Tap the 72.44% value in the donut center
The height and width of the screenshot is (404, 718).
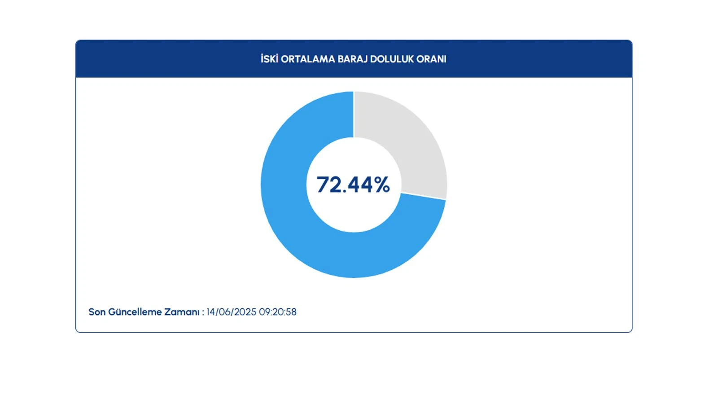click(x=353, y=184)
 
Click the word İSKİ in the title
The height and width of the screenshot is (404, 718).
click(x=269, y=59)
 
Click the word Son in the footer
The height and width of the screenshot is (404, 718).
click(x=97, y=312)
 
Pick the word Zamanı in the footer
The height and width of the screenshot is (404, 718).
click(x=182, y=312)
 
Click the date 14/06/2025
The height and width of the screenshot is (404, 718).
click(x=231, y=312)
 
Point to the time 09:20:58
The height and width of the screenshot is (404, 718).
click(x=278, y=312)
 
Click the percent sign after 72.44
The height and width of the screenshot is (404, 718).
click(x=382, y=185)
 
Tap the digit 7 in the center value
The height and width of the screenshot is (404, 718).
click(x=323, y=185)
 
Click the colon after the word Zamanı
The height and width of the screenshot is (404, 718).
click(x=203, y=312)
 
